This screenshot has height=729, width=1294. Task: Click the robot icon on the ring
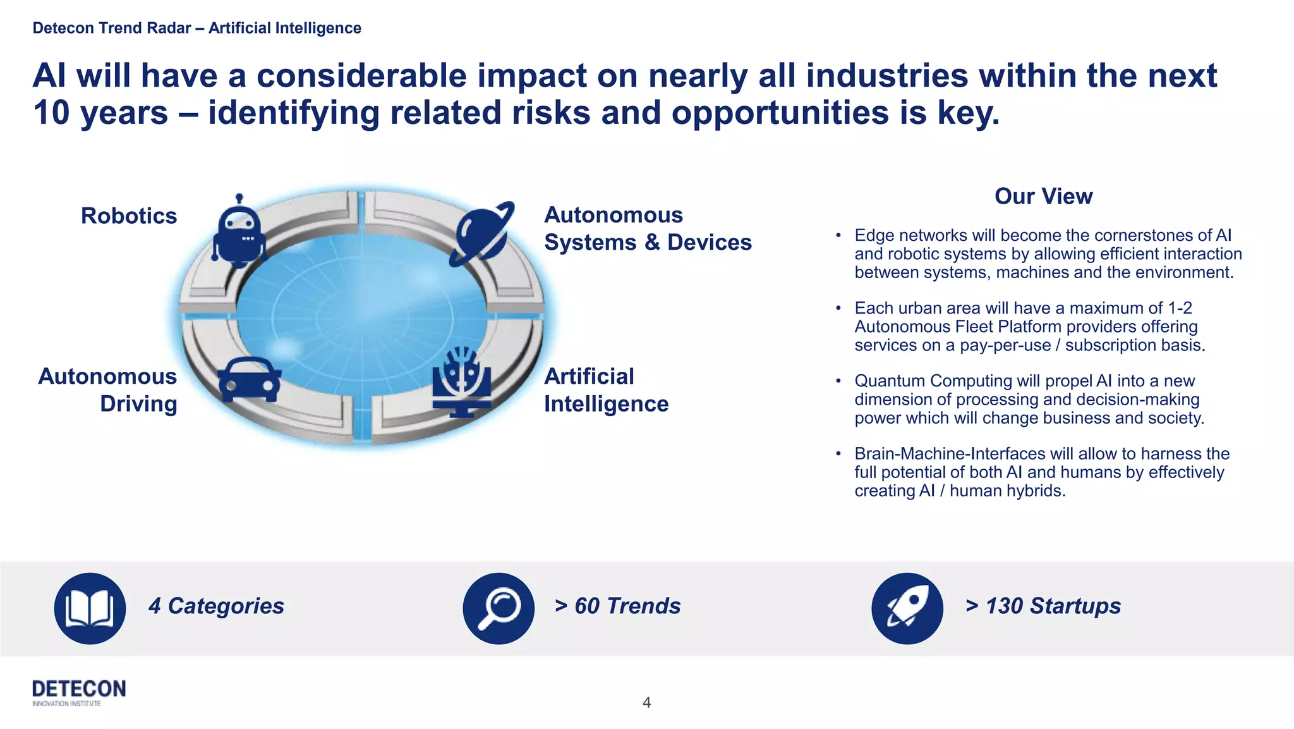point(238,232)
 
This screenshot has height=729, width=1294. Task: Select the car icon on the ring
point(250,379)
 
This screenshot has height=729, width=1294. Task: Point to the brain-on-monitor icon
point(462,382)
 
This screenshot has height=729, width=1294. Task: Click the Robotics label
point(129,216)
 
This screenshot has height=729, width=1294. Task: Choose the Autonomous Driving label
point(108,389)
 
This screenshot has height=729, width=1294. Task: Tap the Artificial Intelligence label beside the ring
point(605,389)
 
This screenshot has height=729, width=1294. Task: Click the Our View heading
point(1043,196)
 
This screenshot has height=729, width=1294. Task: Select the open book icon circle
point(90,608)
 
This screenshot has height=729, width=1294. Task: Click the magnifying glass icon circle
point(499,608)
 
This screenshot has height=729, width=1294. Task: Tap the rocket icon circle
point(907,608)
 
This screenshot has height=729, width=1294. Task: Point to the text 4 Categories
point(216,606)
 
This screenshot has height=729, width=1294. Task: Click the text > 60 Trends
point(617,606)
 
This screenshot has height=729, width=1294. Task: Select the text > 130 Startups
point(1043,606)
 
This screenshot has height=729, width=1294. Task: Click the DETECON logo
point(79,692)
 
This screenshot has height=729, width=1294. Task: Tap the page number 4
point(646,702)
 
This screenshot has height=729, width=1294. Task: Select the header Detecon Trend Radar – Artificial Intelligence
point(197,28)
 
